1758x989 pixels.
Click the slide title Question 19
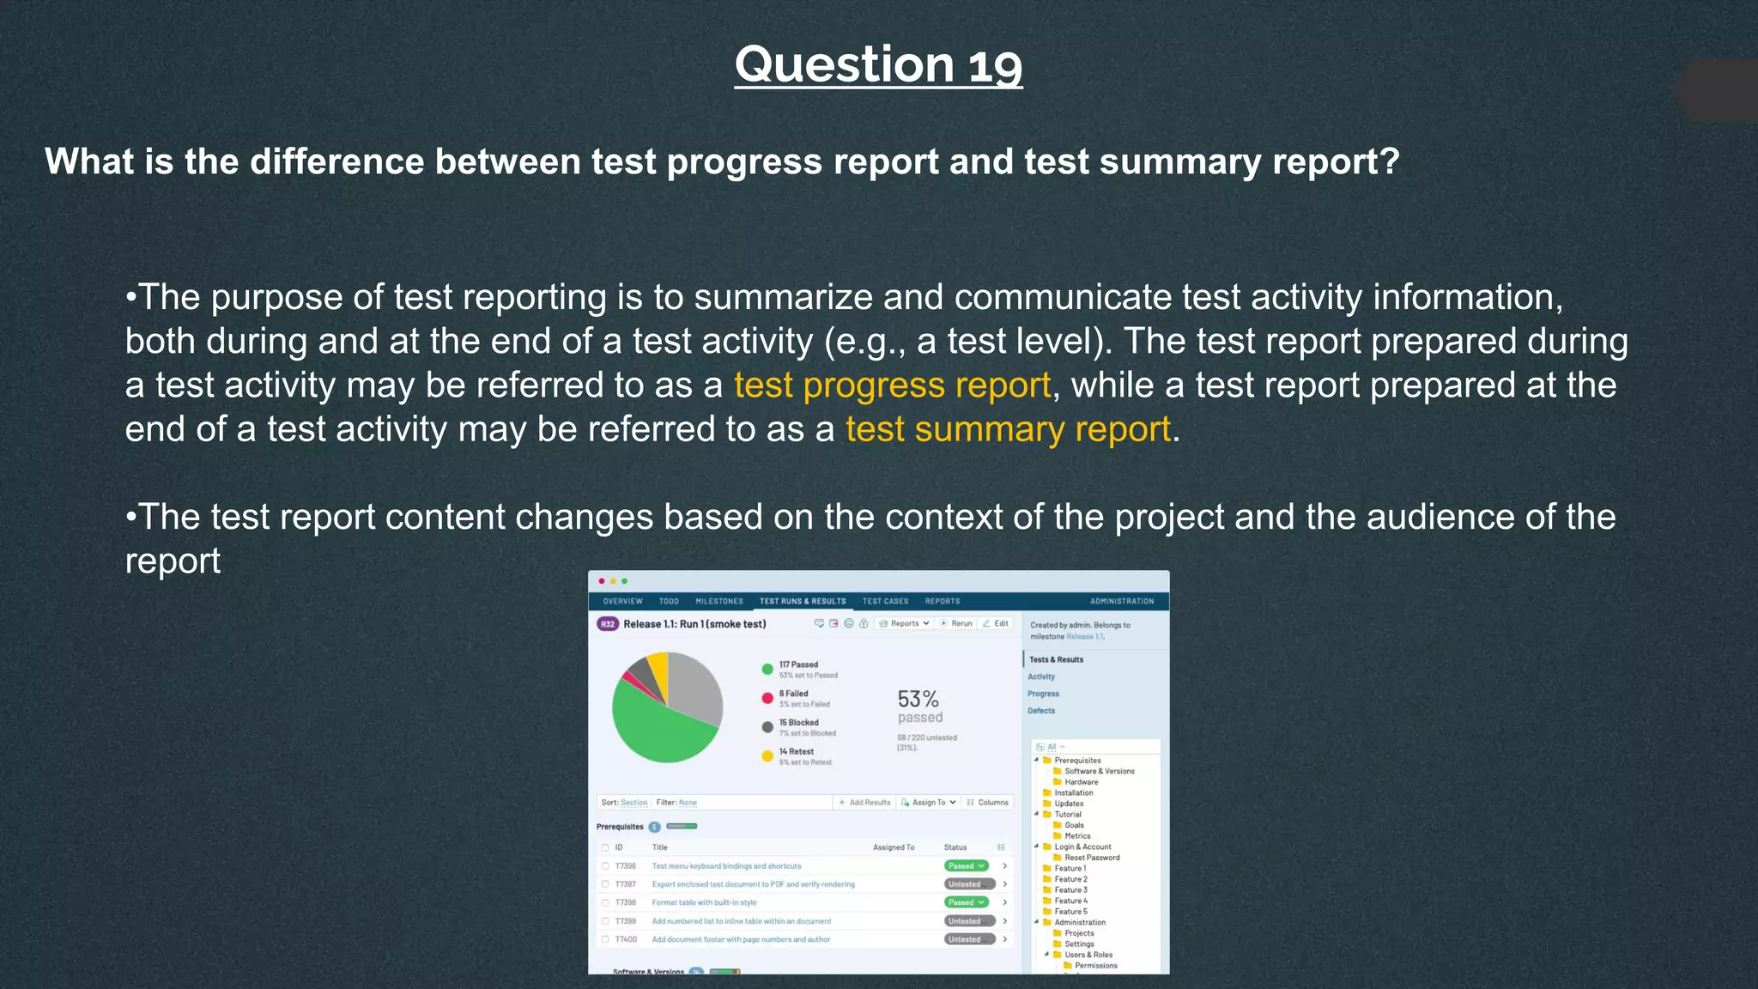[878, 65]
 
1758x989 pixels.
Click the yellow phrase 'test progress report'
[892, 385]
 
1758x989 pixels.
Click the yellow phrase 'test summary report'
[1008, 429]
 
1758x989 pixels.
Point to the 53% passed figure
[918, 707]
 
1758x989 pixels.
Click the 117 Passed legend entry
[797, 665]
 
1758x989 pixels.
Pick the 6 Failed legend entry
[793, 694]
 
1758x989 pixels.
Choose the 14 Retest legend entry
[796, 752]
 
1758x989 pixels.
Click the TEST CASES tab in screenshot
[885, 602]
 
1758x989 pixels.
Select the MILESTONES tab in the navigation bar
[718, 602]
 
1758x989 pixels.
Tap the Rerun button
[957, 624]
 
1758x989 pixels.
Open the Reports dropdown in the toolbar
[905, 624]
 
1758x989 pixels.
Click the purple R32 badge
[608, 624]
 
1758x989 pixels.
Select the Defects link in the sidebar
[1041, 711]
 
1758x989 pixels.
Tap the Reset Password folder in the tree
[1091, 858]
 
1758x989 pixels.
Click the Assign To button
[929, 803]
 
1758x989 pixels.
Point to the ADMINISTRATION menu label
[1121, 602]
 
